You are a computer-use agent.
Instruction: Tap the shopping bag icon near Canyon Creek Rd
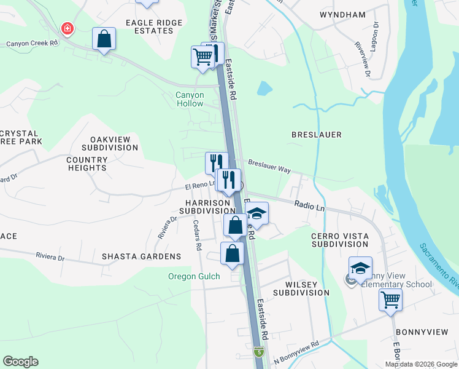[x=104, y=39]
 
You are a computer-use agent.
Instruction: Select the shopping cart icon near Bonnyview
[x=391, y=301]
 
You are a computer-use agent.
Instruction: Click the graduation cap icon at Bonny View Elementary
[x=360, y=268]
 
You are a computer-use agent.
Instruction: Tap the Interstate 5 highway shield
[x=260, y=353]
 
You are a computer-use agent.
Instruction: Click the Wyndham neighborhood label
[x=342, y=14]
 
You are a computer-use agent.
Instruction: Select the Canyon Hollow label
[x=190, y=99]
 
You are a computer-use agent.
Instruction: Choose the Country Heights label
[x=87, y=164]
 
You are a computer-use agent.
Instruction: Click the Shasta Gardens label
[x=142, y=256]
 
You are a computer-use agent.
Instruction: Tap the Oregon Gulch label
[x=194, y=276]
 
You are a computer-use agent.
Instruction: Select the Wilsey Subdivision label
[x=307, y=288]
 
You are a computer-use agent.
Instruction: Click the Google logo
[x=20, y=362]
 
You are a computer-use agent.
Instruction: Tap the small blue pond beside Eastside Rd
[x=264, y=89]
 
